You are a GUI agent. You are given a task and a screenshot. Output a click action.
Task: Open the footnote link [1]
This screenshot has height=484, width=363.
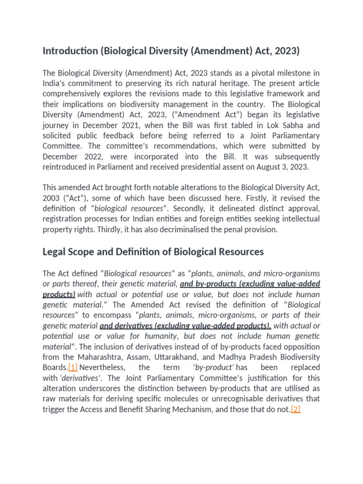point(72,367)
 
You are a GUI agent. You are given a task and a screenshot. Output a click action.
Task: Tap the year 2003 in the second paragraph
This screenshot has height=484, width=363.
point(51,198)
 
